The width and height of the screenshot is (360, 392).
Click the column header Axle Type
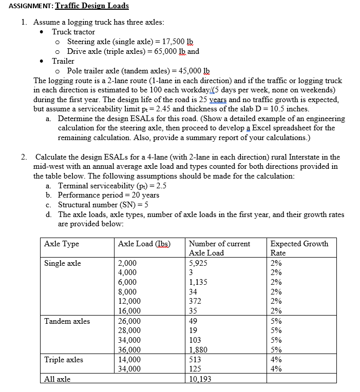[x=62, y=244]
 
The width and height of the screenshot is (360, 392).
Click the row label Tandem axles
[x=67, y=321]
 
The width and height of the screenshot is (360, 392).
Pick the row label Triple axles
[x=64, y=360]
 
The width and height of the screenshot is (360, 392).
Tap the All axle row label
[x=58, y=379]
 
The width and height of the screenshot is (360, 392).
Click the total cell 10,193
[x=200, y=379]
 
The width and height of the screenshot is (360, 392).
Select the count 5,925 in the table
[x=198, y=263]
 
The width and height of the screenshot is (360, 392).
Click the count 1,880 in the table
[x=198, y=350]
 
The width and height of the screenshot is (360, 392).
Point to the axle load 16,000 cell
[x=129, y=311]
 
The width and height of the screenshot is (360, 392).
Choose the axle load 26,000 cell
[x=129, y=321]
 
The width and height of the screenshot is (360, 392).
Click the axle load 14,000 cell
[x=129, y=360]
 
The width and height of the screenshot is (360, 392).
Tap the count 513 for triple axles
[x=195, y=360]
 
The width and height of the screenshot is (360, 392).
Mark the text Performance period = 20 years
[x=109, y=195]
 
